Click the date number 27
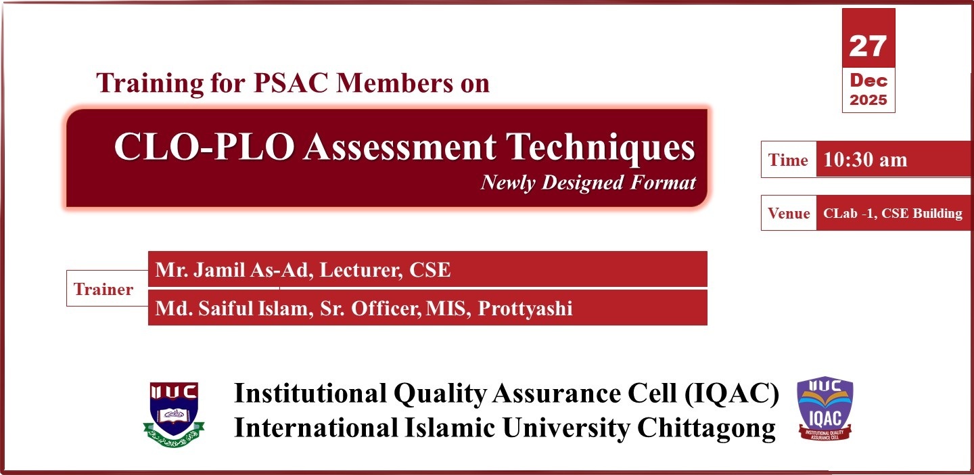868,45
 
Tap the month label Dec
868,81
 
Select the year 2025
868,100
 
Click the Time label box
788,160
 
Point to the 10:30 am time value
864,160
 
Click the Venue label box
788,213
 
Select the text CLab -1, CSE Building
892,213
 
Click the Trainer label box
103,290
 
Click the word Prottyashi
525,309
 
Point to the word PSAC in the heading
294,83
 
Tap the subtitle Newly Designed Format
588,183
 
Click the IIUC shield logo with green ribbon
174,411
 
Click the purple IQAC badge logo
825,408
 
